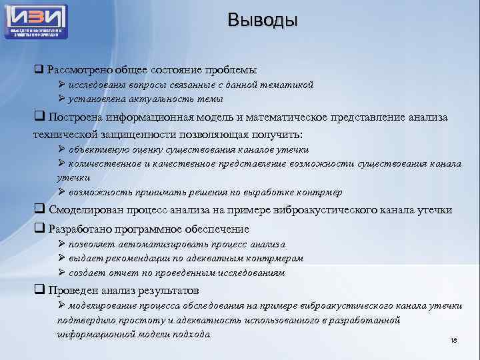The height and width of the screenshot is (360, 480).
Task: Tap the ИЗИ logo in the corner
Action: pyautogui.click(x=37, y=21)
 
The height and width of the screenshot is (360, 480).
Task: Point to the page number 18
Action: pyautogui.click(x=454, y=341)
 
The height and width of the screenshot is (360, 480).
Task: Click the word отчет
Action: pyautogui.click(x=121, y=273)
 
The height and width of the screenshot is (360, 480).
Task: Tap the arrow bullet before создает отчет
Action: pyautogui.click(x=61, y=273)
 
